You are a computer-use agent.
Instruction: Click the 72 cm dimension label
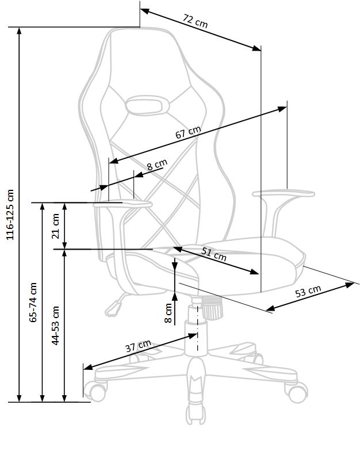(196, 21)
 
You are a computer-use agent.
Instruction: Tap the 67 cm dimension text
(188, 132)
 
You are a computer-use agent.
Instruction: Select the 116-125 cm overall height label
(10, 215)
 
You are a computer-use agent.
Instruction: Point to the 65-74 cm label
(33, 303)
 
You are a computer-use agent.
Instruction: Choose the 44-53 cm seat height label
(55, 326)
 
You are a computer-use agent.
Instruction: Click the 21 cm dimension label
(55, 226)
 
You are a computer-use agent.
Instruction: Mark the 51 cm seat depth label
(213, 254)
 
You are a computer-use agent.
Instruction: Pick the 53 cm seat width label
(308, 292)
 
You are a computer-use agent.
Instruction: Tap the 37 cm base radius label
(138, 346)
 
